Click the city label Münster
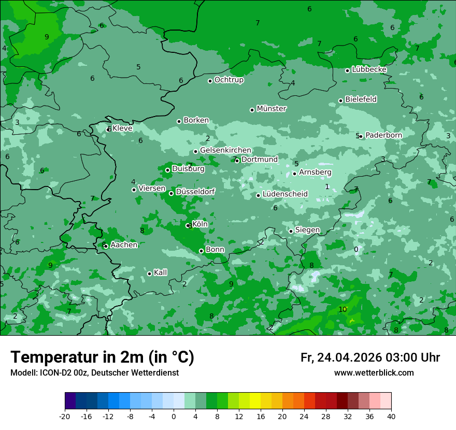272,109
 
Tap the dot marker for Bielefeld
340,101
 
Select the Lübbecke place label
369,69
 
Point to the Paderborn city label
383,135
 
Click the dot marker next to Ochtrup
210,81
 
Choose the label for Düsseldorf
195,192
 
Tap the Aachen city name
124,245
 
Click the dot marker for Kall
149,274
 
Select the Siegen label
307,230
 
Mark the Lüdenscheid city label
285,194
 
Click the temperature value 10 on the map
343,309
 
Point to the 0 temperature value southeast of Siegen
356,249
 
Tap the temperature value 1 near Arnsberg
327,187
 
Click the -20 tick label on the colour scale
65,417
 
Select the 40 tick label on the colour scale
391,417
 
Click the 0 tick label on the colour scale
174,417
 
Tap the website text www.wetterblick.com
374,373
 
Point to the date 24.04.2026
349,357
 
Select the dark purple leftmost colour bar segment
70,401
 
